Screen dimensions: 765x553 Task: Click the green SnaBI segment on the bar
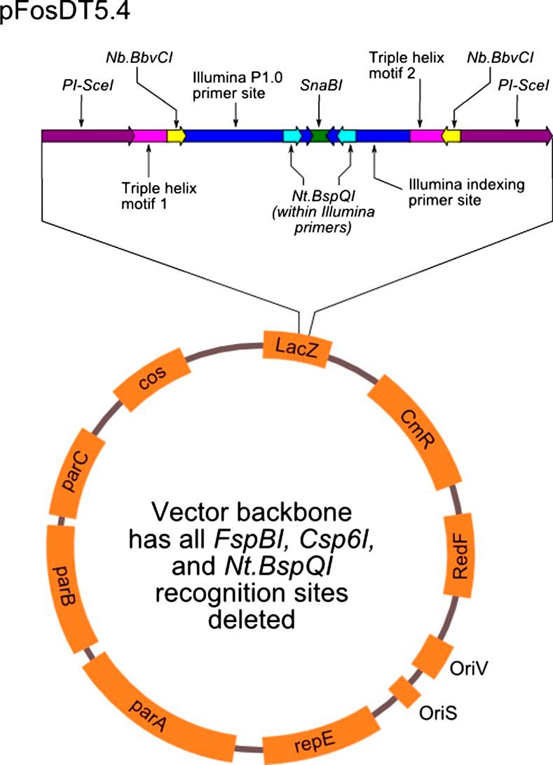click(x=321, y=136)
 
